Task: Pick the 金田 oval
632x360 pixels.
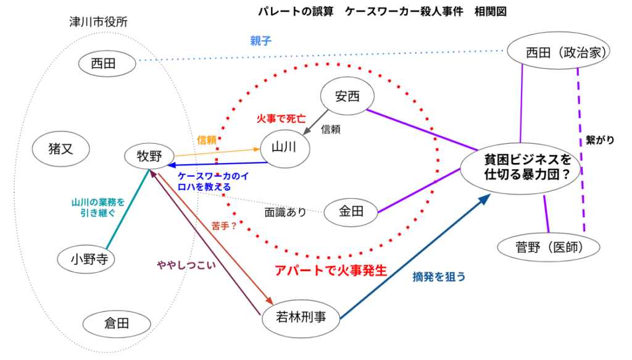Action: [351, 212]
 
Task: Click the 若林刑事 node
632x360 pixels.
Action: [302, 318]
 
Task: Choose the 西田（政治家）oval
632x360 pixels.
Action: [559, 52]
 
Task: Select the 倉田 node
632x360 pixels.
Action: [115, 323]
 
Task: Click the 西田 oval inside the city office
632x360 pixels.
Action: [108, 62]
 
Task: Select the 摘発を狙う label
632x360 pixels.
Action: [439, 277]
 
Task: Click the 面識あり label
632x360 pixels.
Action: [285, 212]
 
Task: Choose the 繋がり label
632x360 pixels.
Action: [600, 141]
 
